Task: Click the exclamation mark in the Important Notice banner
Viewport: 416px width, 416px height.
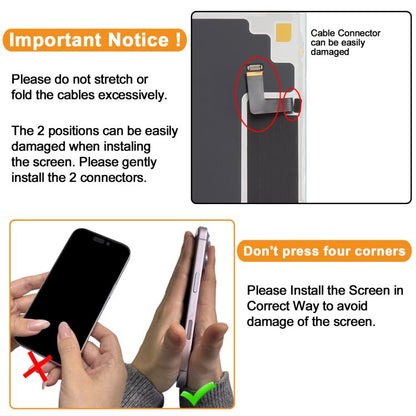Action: [x=178, y=39]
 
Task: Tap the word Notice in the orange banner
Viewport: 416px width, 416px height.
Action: [x=138, y=40]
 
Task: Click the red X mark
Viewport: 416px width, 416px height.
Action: [x=37, y=366]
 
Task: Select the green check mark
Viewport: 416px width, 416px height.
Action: [x=198, y=393]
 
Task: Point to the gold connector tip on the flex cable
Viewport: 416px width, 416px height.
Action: [x=255, y=68]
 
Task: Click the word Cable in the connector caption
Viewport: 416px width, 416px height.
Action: [x=322, y=33]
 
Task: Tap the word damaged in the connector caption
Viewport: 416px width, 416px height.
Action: [x=330, y=52]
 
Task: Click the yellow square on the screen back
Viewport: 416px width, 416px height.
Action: [x=284, y=32]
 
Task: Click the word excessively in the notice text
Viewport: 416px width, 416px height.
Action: [x=132, y=95]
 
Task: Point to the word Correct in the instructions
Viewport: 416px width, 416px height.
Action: [x=268, y=306]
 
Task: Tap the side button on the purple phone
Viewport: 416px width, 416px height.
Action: [x=194, y=284]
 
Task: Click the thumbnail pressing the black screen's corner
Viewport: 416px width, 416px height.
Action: [x=65, y=331]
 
